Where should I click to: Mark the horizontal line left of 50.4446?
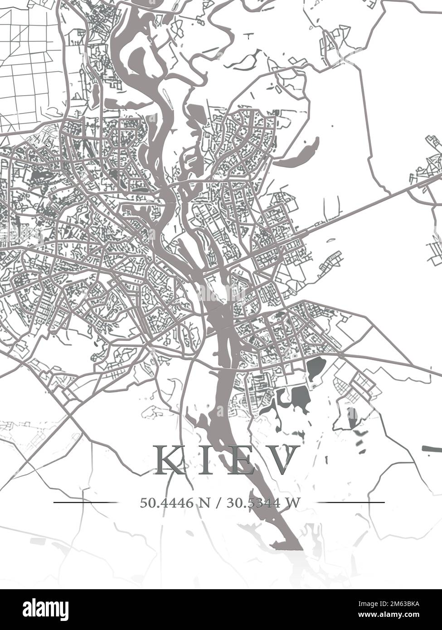[x=85, y=502]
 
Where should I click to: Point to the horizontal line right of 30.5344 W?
[x=350, y=502]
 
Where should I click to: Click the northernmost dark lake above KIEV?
[x=316, y=366]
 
